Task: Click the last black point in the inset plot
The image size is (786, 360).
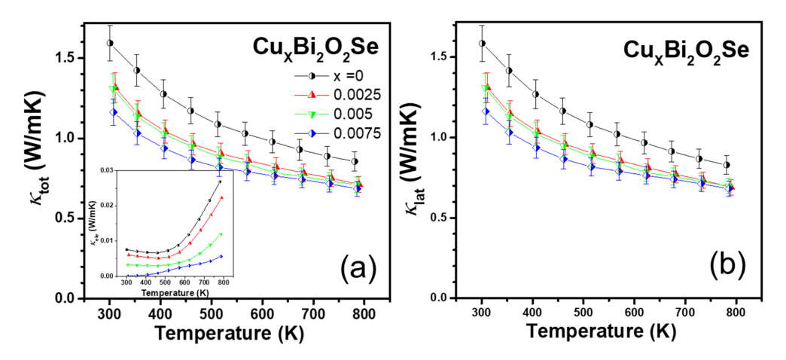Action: (x=220, y=182)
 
